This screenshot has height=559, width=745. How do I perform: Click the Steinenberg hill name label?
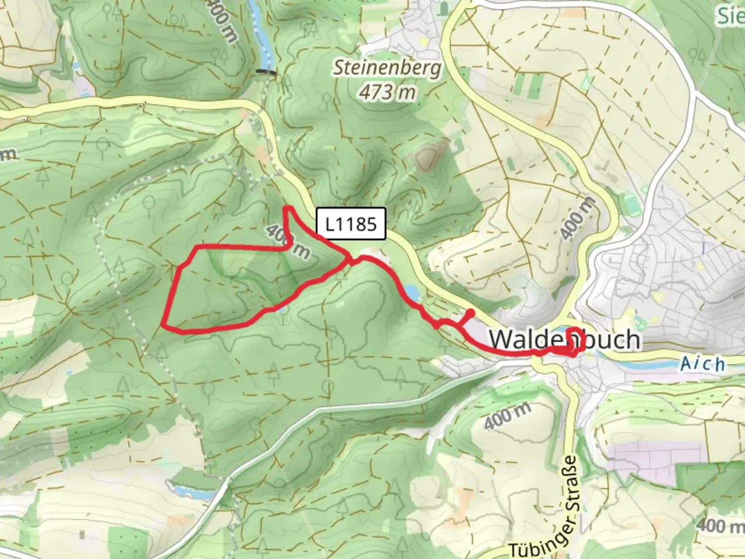pos(388,68)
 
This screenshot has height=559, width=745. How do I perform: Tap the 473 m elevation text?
pos(388,92)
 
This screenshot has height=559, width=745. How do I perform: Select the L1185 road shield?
pos(351,224)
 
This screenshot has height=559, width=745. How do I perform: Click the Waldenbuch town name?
pos(564,340)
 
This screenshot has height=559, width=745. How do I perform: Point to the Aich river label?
pos(702,364)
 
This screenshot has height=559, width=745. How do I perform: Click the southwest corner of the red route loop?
pos(164,325)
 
